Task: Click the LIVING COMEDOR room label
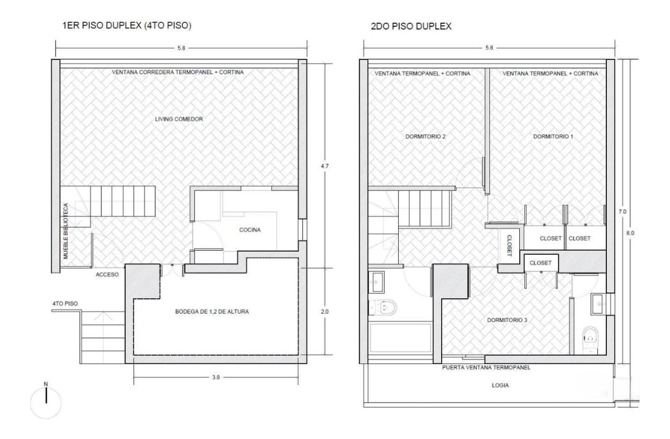point(178,119)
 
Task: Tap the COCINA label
point(250,230)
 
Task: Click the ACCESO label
point(107,274)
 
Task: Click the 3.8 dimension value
point(216,378)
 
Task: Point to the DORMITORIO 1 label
point(553,136)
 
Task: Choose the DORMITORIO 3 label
point(507,321)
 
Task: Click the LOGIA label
point(500,385)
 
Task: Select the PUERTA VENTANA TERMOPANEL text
point(486,368)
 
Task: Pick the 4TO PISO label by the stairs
point(65,304)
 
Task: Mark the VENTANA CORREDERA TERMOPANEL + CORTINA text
point(178,72)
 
